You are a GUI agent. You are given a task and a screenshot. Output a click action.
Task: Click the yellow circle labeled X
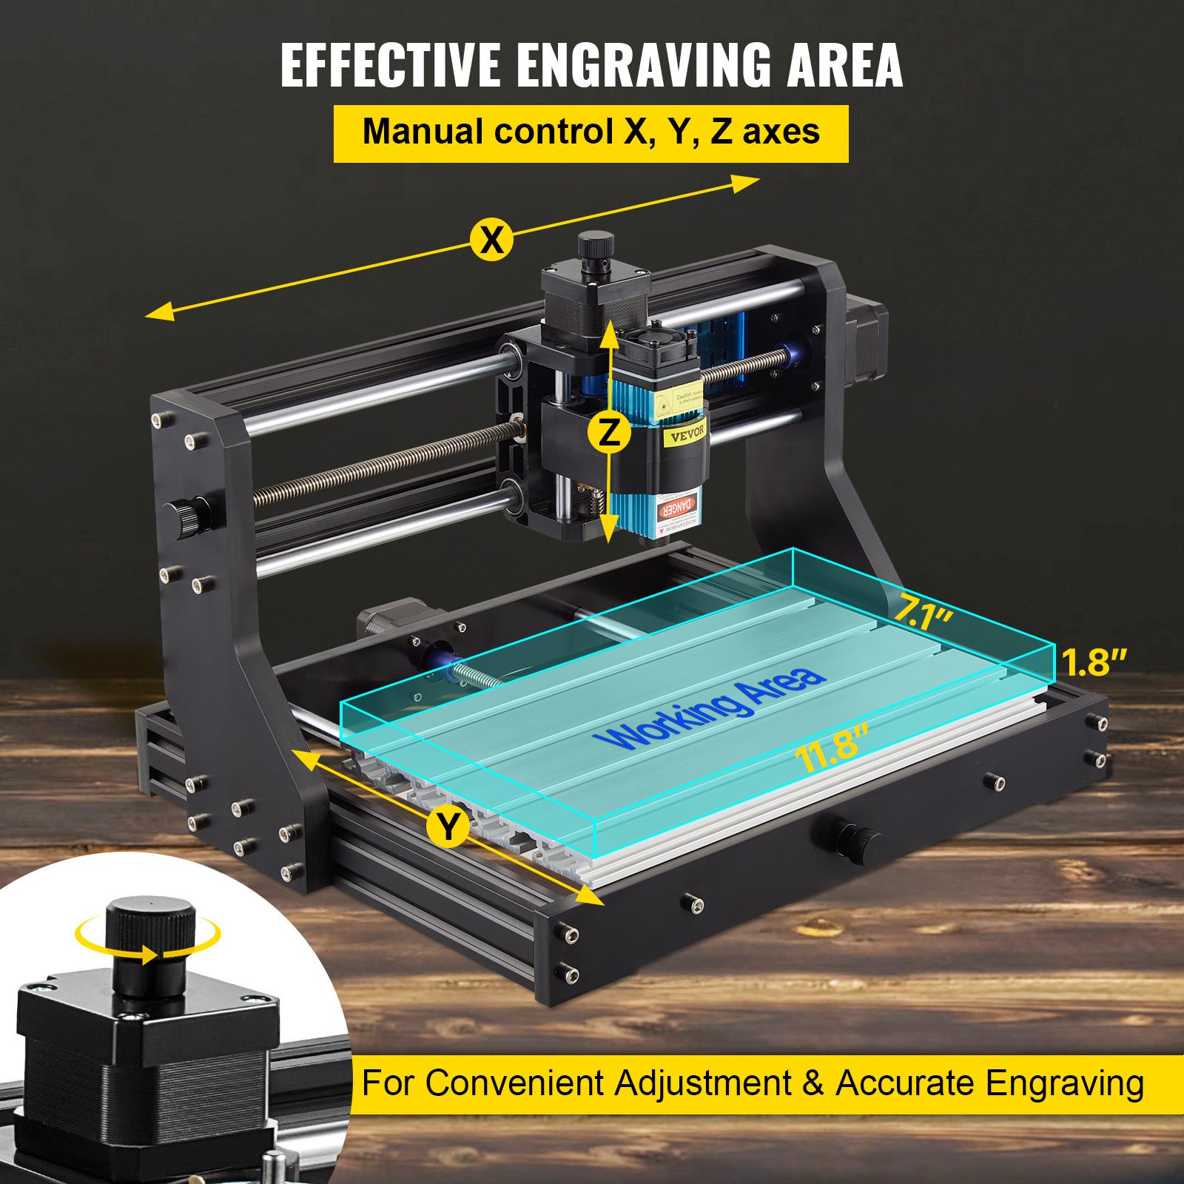pos(491,239)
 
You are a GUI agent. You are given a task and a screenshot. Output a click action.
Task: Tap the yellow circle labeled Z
pos(609,431)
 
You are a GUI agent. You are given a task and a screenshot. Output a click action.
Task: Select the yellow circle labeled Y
pos(448,826)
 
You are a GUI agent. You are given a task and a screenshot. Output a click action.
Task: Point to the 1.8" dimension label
pos(1094,662)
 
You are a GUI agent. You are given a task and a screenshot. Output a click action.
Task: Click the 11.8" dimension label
pos(830,747)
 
